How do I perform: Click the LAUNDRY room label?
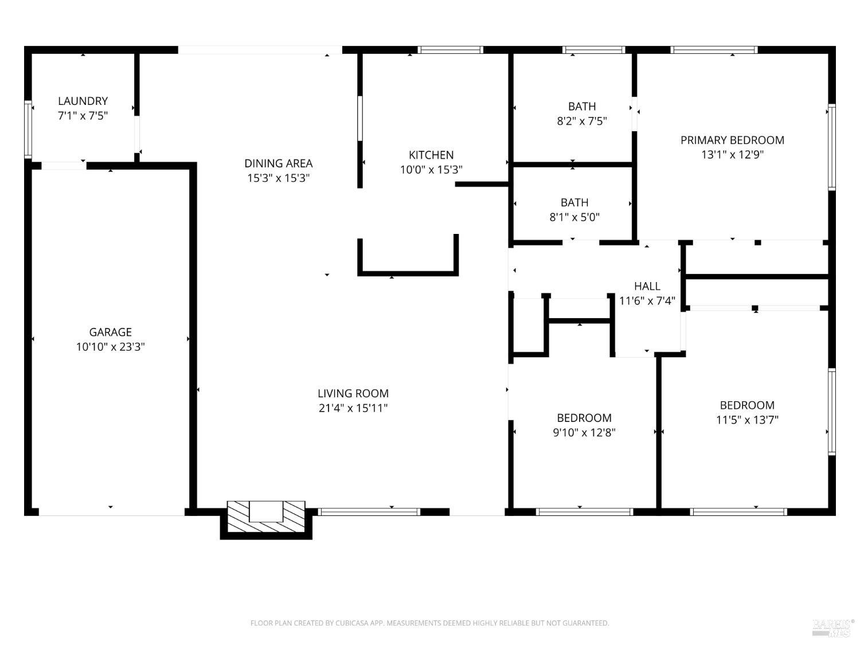pyautogui.click(x=83, y=101)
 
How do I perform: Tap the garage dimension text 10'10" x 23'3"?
pyautogui.click(x=110, y=347)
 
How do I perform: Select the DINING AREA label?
pyautogui.click(x=278, y=163)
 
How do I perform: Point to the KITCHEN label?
pyautogui.click(x=431, y=155)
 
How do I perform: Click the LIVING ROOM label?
pyautogui.click(x=353, y=393)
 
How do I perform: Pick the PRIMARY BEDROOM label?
pyautogui.click(x=732, y=140)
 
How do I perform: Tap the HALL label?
pyautogui.click(x=647, y=286)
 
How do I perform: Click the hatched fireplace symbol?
pyautogui.click(x=266, y=511)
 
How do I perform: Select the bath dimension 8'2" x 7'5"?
pyautogui.click(x=582, y=121)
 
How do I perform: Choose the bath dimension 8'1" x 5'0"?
pyautogui.click(x=574, y=217)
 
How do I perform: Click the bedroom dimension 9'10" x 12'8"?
pyautogui.click(x=584, y=433)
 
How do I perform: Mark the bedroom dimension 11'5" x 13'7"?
pyautogui.click(x=747, y=420)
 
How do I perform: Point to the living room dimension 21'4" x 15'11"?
pyautogui.click(x=353, y=408)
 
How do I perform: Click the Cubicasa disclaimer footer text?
pyautogui.click(x=429, y=623)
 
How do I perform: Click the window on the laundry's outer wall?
pyautogui.click(x=28, y=129)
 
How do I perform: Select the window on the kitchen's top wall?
pyautogui.click(x=451, y=50)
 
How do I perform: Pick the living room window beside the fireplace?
pyautogui.click(x=369, y=512)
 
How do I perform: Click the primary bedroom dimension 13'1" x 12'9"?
pyautogui.click(x=732, y=155)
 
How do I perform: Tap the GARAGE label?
pyautogui.click(x=110, y=332)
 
